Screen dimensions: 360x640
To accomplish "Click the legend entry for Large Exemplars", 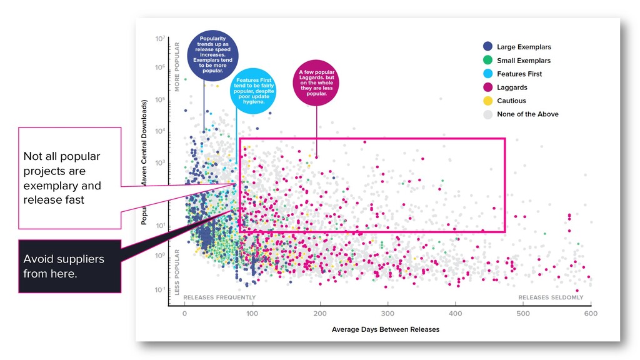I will click(x=523, y=47).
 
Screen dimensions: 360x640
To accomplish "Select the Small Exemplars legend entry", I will click(x=523, y=61).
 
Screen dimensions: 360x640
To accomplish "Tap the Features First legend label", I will click(x=519, y=74).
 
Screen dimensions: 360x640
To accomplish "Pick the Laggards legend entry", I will click(x=511, y=87).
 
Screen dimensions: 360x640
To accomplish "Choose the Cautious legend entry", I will click(x=511, y=101).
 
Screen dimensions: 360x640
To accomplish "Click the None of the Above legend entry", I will click(x=527, y=114).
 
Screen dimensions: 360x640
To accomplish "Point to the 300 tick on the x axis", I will click(x=387, y=313).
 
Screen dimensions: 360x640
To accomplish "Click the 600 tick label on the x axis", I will click(x=591, y=313).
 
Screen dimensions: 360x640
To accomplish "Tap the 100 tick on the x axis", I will click(x=252, y=313).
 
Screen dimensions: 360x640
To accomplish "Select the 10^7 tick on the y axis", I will click(x=160, y=39).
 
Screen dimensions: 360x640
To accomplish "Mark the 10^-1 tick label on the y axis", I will click(x=159, y=290).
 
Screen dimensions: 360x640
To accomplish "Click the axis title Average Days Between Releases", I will click(x=385, y=329).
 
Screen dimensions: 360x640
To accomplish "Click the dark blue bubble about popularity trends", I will click(x=212, y=56).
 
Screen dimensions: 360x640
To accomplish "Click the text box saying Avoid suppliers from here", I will click(x=69, y=266).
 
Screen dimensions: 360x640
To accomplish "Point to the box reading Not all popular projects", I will click(x=69, y=178).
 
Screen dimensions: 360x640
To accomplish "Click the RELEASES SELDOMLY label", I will click(x=551, y=297).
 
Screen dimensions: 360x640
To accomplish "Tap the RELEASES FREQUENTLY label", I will click(x=219, y=297).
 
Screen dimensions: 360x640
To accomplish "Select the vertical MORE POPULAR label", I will click(x=177, y=67).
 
